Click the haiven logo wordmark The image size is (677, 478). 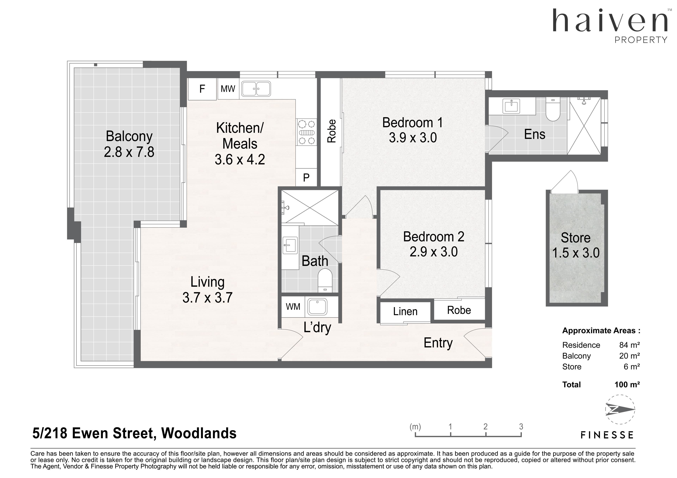(x=610, y=21)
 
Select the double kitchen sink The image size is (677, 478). (x=256, y=89)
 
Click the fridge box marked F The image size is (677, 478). (x=202, y=89)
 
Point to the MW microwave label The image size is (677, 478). (x=228, y=89)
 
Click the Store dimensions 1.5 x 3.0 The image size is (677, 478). (x=576, y=253)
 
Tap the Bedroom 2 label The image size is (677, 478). (x=434, y=237)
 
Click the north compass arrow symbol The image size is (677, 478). (x=620, y=409)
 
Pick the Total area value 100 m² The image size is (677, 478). (x=627, y=384)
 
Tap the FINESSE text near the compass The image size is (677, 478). (x=607, y=435)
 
